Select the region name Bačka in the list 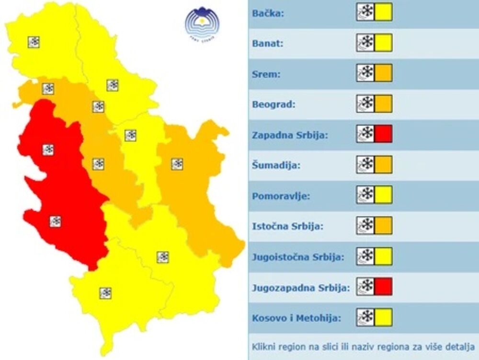click(x=268, y=13)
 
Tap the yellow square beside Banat click(x=383, y=43)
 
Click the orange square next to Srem click(x=383, y=73)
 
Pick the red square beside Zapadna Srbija click(x=383, y=134)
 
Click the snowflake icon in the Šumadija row click(x=365, y=164)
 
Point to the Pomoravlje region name click(x=281, y=196)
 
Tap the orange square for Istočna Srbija click(x=383, y=225)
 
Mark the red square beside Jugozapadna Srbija click(x=383, y=286)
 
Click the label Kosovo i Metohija click(x=297, y=318)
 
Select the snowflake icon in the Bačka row click(x=365, y=12)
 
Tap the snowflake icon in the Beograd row click(x=365, y=104)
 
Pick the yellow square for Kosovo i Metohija click(x=383, y=317)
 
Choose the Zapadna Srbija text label click(x=290, y=135)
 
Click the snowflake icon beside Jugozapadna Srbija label click(x=365, y=286)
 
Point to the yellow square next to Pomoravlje click(x=383, y=195)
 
